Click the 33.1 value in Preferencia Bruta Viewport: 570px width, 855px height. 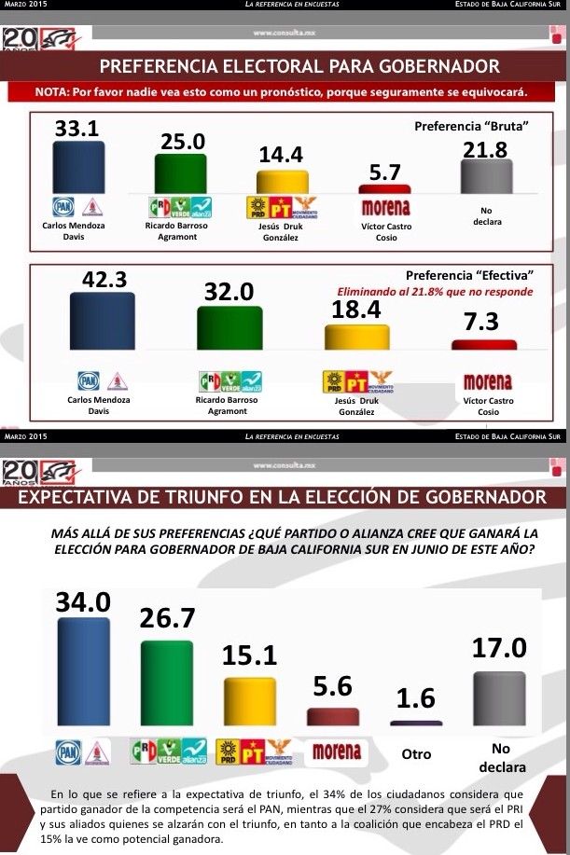click(78, 129)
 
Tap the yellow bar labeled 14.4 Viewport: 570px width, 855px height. click(282, 182)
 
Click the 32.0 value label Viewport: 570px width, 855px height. click(229, 292)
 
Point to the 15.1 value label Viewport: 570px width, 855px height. click(249, 655)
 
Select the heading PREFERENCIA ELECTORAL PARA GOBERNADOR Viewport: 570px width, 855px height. click(299, 67)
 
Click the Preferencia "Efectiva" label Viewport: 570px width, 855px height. click(469, 276)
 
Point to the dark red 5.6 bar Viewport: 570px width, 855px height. click(333, 716)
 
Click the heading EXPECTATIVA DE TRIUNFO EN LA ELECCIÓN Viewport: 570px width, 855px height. click(281, 495)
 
